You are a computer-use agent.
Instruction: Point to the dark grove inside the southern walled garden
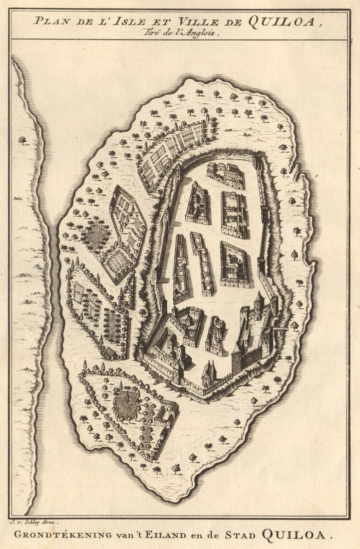tap(127, 405)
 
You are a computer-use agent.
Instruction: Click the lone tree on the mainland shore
tap(22, 140)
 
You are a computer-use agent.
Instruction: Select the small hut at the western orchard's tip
tap(111, 353)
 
